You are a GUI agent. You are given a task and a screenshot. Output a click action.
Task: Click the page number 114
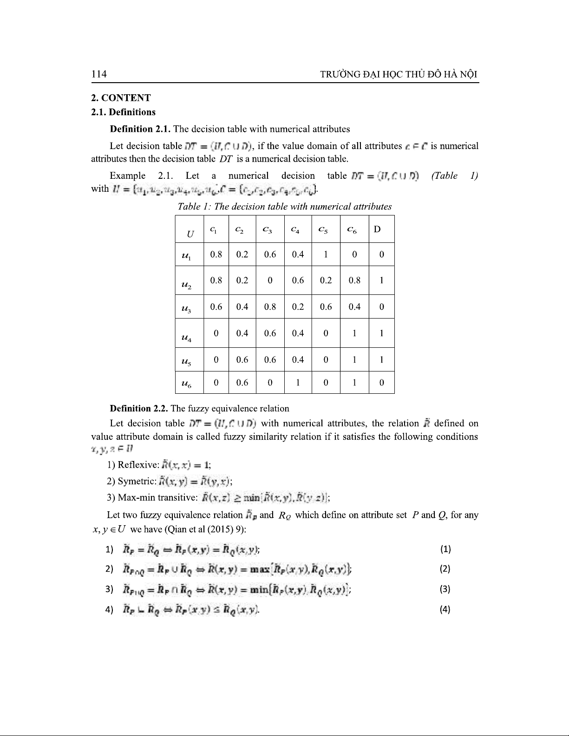99,74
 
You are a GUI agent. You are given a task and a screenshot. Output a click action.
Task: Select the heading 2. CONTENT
121,98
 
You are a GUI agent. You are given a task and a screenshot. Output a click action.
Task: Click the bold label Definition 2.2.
139,409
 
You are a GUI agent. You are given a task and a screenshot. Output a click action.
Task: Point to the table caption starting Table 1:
285,207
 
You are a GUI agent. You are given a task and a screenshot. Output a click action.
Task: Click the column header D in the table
377,229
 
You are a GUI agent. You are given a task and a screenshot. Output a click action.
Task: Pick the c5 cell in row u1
326,254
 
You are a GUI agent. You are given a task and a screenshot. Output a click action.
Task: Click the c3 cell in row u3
270,307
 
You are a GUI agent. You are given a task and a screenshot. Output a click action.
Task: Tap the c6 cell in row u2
354,280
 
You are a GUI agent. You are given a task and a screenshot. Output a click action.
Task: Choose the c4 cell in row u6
298,383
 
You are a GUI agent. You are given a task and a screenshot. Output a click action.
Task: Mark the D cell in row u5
381,359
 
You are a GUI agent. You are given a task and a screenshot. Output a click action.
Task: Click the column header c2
242,229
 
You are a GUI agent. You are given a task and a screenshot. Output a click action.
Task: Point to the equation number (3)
445,589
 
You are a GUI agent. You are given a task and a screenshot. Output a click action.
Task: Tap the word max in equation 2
260,569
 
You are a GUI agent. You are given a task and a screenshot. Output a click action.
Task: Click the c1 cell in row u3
216,307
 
